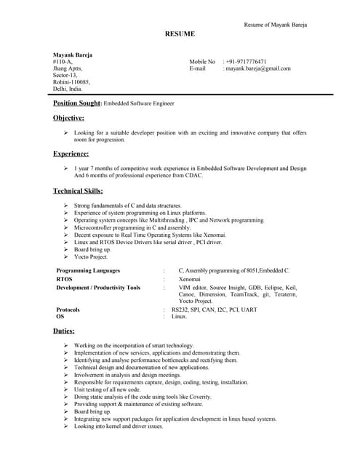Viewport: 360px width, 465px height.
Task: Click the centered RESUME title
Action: tap(180, 34)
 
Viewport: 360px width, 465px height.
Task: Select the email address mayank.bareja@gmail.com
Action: tap(258, 68)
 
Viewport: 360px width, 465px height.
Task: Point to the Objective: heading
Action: tap(68, 118)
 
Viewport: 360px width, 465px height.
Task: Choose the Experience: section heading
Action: tap(71, 154)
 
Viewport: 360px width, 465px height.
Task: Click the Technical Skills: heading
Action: tap(78, 191)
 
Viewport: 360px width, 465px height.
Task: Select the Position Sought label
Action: tap(77, 104)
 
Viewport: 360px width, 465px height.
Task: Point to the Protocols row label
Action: tap(68, 310)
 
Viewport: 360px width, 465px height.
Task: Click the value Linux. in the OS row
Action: tap(180, 316)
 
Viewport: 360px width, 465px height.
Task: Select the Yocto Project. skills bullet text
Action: tap(91, 256)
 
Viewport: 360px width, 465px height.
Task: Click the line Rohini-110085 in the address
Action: tap(71, 82)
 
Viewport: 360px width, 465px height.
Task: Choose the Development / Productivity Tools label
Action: tap(98, 288)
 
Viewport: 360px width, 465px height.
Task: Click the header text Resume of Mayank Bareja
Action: tap(275, 25)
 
